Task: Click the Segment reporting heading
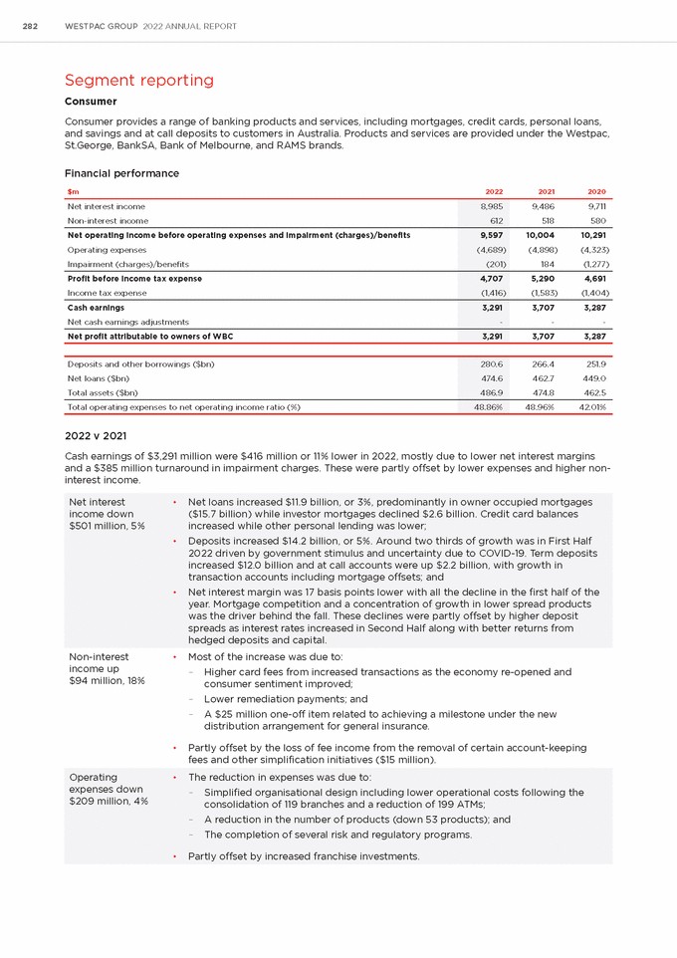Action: click(138, 80)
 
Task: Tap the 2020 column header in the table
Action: click(596, 191)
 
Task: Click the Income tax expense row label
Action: click(107, 293)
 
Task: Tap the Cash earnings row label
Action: click(96, 308)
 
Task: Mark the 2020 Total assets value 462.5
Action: click(594, 393)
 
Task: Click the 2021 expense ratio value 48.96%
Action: click(540, 408)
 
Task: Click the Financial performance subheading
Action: click(121, 173)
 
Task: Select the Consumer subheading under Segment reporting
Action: click(91, 102)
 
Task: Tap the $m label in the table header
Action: click(73, 191)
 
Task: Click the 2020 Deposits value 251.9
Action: click(595, 364)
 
